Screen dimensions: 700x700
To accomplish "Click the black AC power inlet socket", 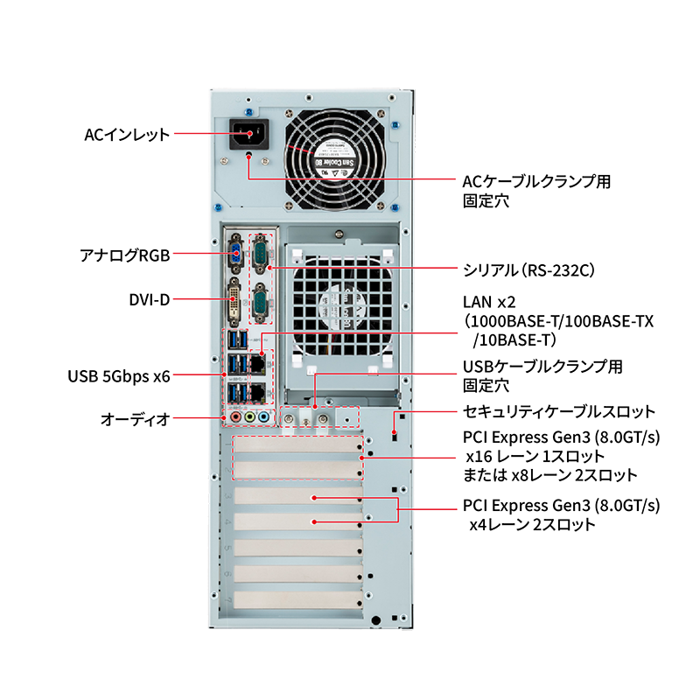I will (247, 134).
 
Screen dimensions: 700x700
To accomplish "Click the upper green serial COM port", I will (260, 255).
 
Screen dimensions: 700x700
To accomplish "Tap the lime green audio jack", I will (249, 418).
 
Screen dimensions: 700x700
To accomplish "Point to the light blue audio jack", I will (262, 418).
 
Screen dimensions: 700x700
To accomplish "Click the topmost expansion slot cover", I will (298, 446).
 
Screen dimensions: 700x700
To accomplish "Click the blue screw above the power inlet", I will (248, 111).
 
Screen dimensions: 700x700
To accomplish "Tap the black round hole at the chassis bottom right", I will (376, 620).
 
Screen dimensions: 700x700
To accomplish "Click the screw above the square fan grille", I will (338, 233).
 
